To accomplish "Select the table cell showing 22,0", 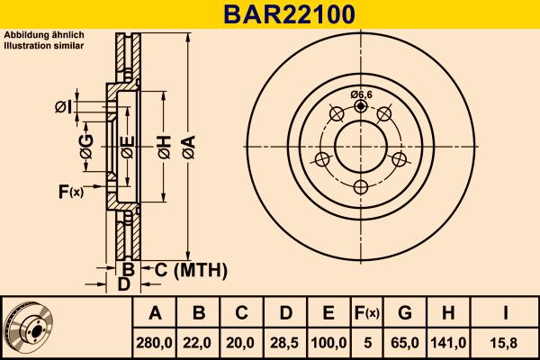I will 200,343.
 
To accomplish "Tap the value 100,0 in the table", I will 328,343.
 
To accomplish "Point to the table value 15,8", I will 507,343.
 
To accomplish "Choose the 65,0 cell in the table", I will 406,343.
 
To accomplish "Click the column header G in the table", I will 406,313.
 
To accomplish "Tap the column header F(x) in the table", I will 367,313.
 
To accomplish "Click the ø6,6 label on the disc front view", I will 361,94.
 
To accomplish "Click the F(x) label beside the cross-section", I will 70,191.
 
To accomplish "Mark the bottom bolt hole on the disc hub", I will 361,186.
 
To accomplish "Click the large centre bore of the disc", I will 361,146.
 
